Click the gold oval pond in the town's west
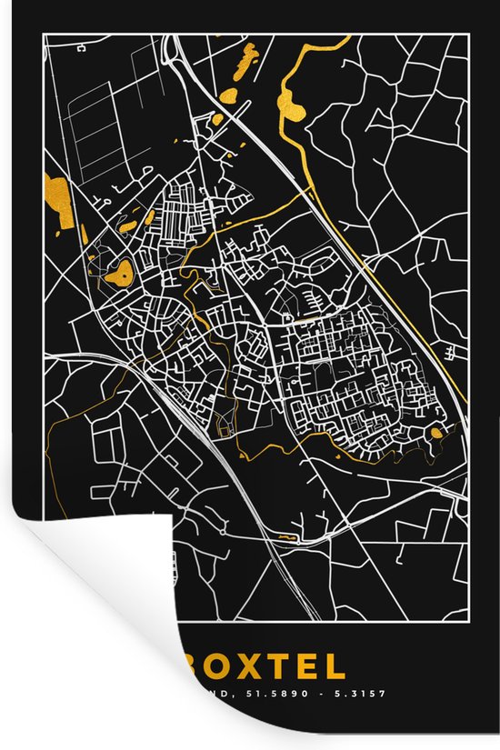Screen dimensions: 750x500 pyautogui.click(x=117, y=270)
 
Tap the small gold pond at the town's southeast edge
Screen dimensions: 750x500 pyautogui.click(x=437, y=433)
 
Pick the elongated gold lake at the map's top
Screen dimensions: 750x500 pyautogui.click(x=245, y=59)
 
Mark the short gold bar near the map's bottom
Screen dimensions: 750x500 pyautogui.click(x=287, y=537)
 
